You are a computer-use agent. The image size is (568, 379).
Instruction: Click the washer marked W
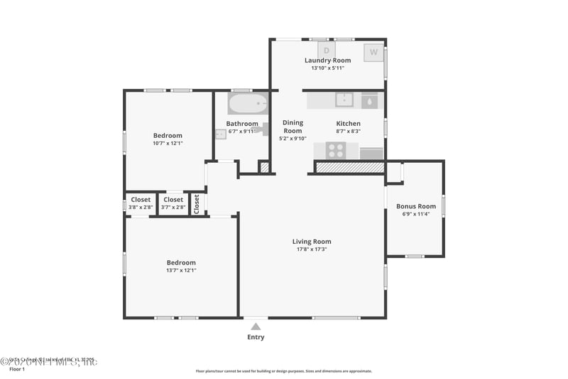click(373, 52)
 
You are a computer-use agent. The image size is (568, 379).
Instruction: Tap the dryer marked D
click(327, 50)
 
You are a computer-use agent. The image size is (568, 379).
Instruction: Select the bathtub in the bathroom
click(248, 104)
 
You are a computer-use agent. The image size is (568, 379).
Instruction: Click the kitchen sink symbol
click(345, 100)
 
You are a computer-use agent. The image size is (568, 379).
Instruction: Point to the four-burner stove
click(335, 151)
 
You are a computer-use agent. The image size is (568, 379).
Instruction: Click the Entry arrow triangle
click(256, 326)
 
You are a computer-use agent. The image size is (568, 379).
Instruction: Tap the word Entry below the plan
click(256, 337)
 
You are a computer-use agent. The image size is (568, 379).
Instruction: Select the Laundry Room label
click(327, 60)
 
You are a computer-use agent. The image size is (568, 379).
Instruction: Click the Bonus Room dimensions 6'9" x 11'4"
click(415, 214)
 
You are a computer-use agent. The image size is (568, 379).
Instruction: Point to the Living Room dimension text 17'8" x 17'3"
click(312, 249)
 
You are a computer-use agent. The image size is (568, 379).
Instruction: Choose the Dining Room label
click(293, 127)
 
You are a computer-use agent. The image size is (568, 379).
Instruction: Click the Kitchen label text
click(348, 123)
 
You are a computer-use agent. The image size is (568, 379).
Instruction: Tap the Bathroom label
click(241, 123)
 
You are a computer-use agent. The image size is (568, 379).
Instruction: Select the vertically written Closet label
click(197, 203)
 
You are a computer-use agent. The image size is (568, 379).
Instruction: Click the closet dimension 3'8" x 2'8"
click(141, 207)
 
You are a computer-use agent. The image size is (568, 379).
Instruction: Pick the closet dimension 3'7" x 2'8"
click(173, 207)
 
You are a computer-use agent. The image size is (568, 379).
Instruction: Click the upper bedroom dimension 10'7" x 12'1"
click(168, 143)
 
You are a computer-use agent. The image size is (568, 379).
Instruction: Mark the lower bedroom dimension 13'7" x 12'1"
click(181, 270)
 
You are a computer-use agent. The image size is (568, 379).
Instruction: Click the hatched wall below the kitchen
click(349, 167)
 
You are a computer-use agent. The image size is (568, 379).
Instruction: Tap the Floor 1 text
click(16, 370)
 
